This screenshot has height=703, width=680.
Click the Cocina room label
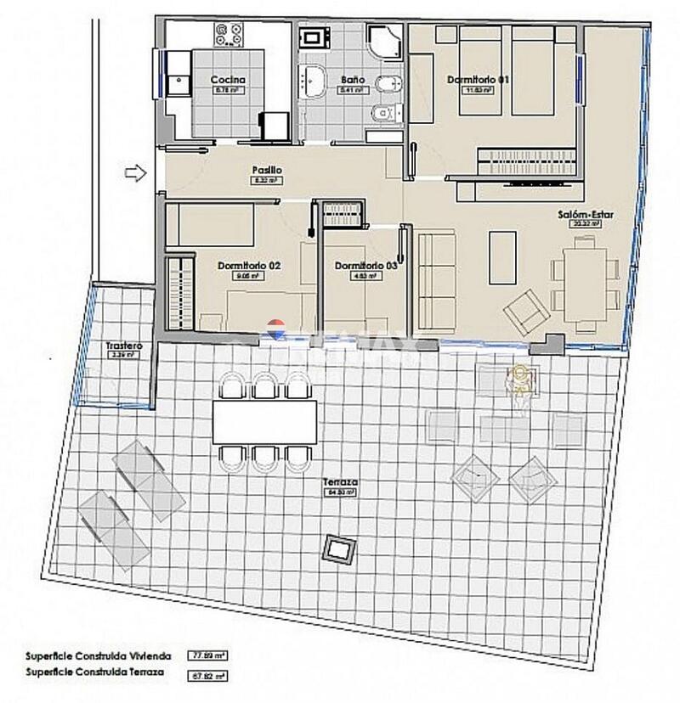(224, 81)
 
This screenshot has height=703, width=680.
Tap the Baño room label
(352, 80)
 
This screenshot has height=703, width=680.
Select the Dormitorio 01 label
(477, 80)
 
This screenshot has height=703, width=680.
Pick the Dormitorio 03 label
(365, 266)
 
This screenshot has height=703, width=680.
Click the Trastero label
(123, 347)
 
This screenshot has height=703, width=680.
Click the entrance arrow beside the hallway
(135, 173)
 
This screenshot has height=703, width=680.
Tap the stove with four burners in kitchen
(228, 35)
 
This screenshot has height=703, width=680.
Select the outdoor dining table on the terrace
(263, 421)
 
